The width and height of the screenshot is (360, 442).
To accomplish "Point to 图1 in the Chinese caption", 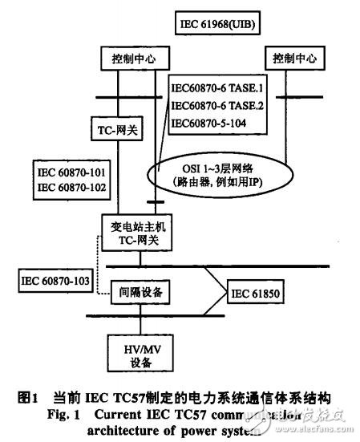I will coord(29,396).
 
